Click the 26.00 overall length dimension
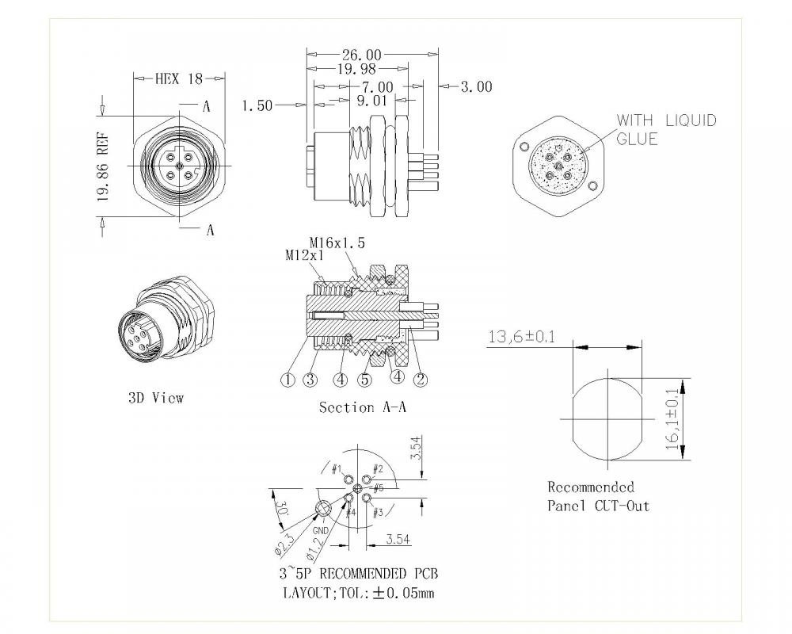point(361,55)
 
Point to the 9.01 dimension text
point(371,101)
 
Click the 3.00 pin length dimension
point(475,86)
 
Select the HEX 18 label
point(178,78)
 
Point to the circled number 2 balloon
point(421,379)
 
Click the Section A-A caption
point(357,407)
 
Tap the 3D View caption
point(155,398)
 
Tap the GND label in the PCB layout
point(321,528)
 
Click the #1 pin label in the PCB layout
point(337,468)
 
